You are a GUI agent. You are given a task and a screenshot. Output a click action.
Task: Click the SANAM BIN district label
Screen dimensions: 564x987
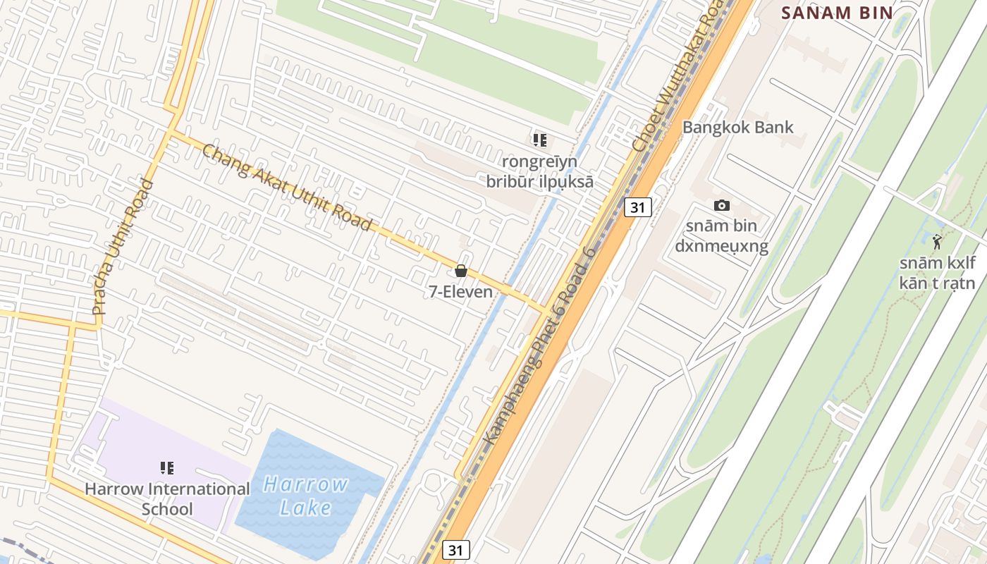(838, 13)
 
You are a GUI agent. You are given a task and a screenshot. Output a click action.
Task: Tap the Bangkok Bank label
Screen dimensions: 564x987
(737, 128)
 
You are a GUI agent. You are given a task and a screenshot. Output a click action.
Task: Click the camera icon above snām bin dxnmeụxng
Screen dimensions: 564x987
(721, 205)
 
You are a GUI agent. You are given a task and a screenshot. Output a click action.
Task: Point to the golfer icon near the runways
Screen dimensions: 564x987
(937, 243)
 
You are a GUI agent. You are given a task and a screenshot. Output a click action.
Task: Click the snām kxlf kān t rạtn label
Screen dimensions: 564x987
(937, 274)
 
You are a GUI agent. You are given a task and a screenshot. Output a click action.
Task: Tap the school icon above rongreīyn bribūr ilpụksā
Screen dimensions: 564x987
(540, 140)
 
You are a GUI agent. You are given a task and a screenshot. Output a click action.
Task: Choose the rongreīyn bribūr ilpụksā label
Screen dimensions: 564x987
(539, 172)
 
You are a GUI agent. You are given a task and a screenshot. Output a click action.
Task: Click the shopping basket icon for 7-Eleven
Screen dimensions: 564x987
(461, 271)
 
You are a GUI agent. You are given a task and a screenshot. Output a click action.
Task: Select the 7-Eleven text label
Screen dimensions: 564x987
(460, 290)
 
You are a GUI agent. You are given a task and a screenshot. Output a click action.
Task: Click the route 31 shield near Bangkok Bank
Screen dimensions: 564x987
(638, 207)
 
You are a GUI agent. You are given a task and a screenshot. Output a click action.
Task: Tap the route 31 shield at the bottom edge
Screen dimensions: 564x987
(456, 550)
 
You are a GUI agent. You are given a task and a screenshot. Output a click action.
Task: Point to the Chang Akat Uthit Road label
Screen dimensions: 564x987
(286, 187)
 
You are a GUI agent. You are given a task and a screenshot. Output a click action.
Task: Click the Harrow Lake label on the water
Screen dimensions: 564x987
(306, 496)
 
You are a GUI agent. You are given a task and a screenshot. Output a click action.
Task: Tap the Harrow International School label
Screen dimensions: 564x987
(167, 498)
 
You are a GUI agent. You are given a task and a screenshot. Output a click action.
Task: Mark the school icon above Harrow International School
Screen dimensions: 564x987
(167, 467)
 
